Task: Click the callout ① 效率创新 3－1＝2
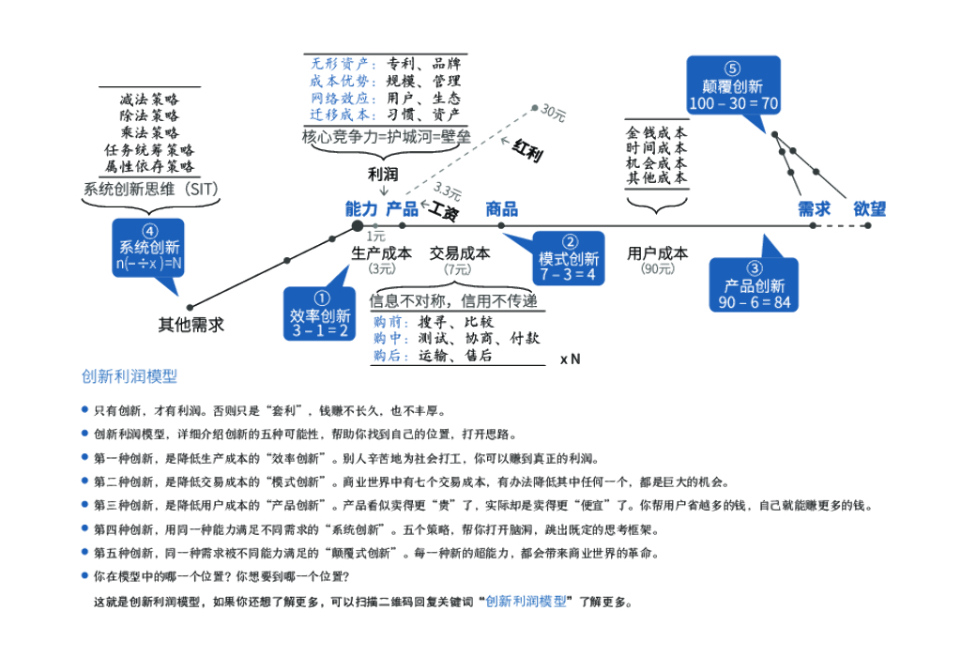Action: coord(319,313)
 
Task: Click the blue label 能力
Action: coord(361,208)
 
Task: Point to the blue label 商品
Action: coord(501,208)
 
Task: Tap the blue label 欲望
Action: coord(869,208)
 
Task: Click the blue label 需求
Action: coord(814,208)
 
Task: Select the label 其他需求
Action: coord(191,325)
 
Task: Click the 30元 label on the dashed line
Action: coord(554,115)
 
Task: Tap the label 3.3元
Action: coord(448,192)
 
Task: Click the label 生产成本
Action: coord(381,252)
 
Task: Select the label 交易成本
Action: coord(460,252)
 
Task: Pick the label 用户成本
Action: coord(657,252)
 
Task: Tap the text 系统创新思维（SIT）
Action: coord(150,189)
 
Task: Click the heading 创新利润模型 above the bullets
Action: coord(129,376)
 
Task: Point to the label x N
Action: coord(570,359)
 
